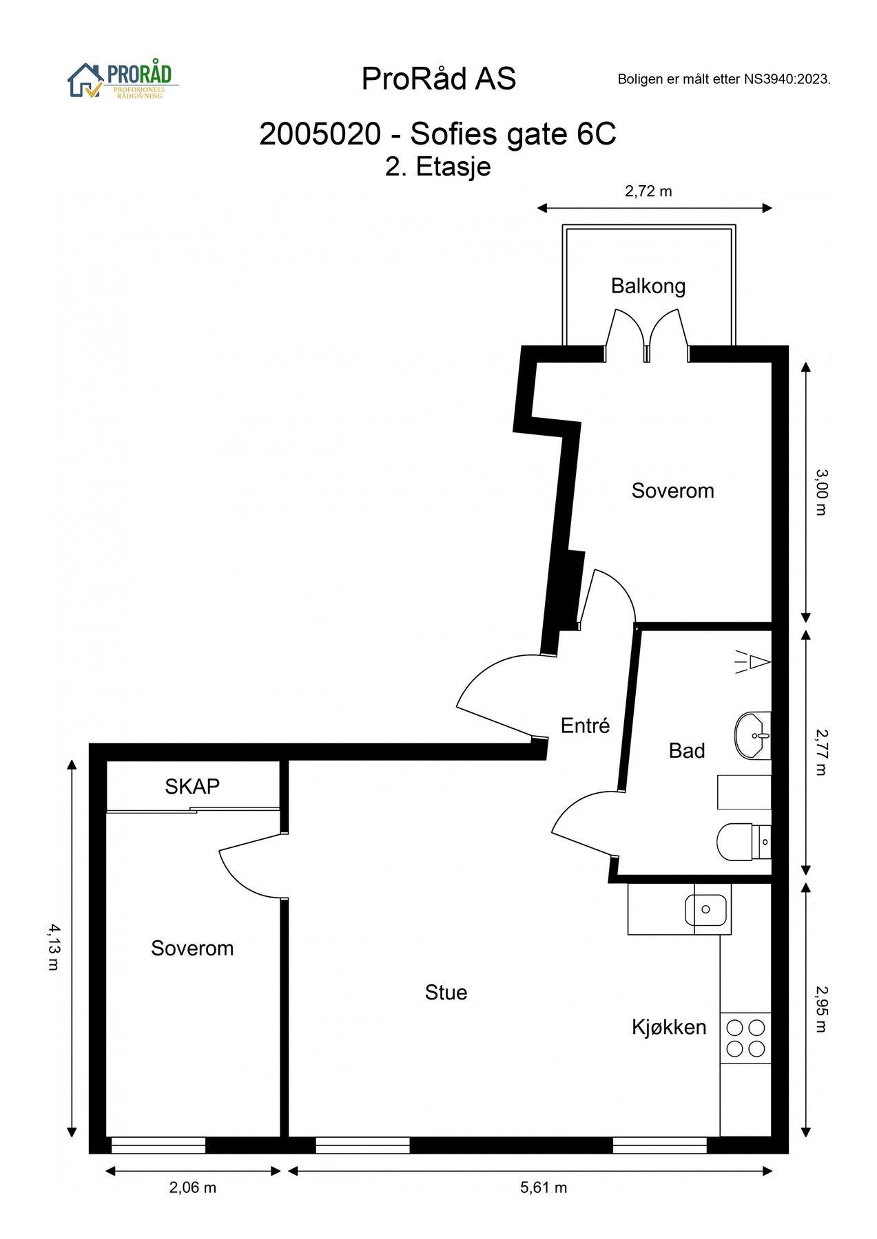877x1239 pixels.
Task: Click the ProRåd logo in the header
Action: point(123,81)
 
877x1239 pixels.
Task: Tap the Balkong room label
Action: point(648,286)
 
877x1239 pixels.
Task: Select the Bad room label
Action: point(687,750)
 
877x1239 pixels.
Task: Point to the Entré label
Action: point(586,726)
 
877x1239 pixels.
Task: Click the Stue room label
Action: point(446,992)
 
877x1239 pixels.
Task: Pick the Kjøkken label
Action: point(669,1027)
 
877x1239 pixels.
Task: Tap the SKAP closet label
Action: point(192,786)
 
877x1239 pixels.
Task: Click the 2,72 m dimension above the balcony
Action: point(648,191)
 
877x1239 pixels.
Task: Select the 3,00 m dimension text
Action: point(821,491)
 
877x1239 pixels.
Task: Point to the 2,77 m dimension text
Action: point(821,752)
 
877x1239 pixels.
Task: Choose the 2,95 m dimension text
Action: point(821,1009)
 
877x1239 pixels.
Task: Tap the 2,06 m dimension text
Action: point(193,1187)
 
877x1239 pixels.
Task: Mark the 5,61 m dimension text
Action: point(544,1187)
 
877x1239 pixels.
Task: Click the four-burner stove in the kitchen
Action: point(745,1038)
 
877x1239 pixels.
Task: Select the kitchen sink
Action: point(705,909)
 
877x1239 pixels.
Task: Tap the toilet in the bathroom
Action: point(743,841)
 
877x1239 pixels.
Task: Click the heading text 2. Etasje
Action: point(438,167)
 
